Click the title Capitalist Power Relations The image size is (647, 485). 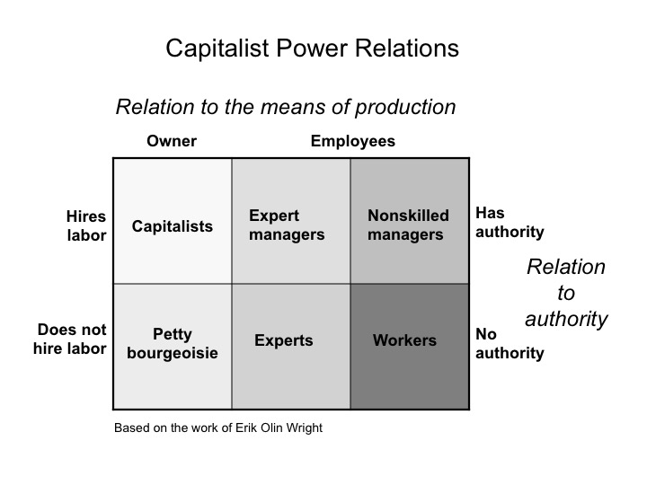(313, 48)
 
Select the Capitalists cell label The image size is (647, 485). (173, 226)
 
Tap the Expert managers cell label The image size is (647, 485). (287, 225)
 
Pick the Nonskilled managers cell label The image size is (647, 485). (408, 225)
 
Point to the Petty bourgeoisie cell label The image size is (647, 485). (173, 343)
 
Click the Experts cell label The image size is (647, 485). (284, 340)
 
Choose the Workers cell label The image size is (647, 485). (404, 340)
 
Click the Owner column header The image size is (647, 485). (172, 141)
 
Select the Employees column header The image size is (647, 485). (353, 142)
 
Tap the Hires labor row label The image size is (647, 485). (86, 226)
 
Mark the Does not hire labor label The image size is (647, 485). (70, 339)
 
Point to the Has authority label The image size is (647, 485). (510, 223)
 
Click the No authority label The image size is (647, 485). (510, 343)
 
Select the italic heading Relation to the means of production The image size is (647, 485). (286, 107)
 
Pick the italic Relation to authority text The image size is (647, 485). (566, 293)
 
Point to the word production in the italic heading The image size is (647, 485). (405, 108)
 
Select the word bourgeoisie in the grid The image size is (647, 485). (173, 354)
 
